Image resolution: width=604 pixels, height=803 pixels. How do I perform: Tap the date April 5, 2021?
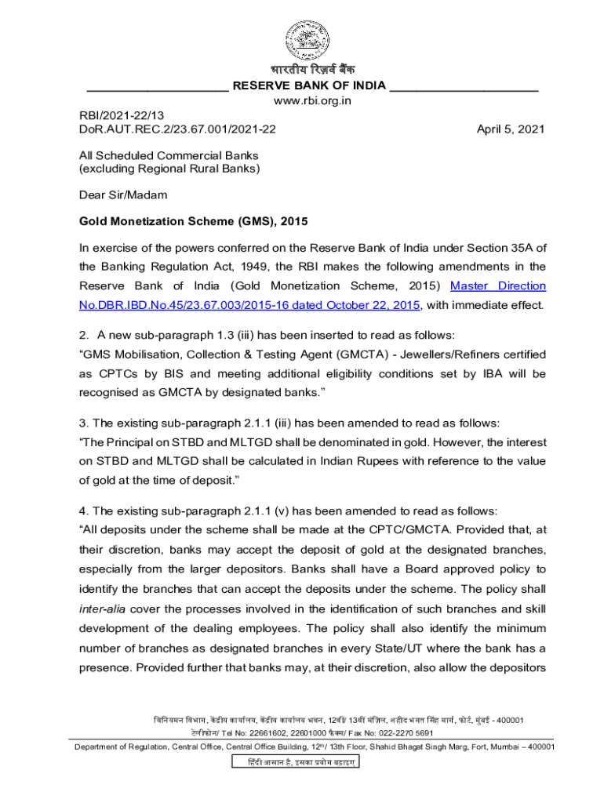pyautogui.click(x=510, y=129)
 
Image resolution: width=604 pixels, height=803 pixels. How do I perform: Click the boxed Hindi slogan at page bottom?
pyautogui.click(x=294, y=762)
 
